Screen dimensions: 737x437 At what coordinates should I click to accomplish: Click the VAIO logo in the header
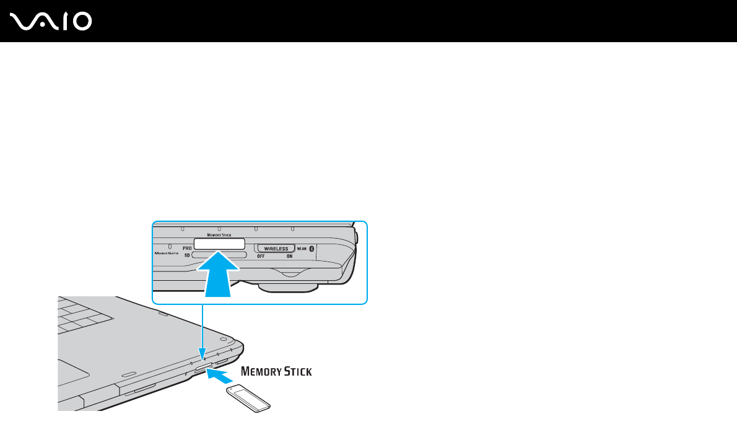pyautogui.click(x=51, y=22)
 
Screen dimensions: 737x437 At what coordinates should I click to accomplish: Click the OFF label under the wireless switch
pyautogui.click(x=261, y=256)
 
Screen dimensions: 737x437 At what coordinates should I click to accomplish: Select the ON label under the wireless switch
pyautogui.click(x=289, y=256)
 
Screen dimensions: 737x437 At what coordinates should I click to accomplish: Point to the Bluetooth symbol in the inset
pyautogui.click(x=312, y=249)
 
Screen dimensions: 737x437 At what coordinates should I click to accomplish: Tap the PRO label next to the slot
pyautogui.click(x=187, y=247)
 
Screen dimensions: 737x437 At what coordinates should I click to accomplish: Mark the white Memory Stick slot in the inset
pyautogui.click(x=219, y=244)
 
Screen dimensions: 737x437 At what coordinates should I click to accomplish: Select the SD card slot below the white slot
pyautogui.click(x=219, y=255)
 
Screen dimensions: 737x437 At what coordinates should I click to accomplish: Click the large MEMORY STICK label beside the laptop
pyautogui.click(x=276, y=372)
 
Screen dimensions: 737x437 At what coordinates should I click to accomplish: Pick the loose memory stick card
pyautogui.click(x=248, y=398)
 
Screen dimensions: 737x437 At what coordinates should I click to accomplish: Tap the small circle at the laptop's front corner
pyautogui.click(x=222, y=340)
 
